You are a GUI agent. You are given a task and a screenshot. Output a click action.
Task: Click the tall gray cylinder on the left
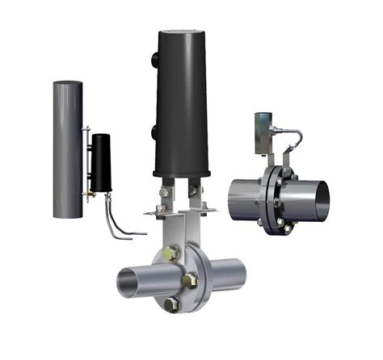pyautogui.click(x=67, y=149)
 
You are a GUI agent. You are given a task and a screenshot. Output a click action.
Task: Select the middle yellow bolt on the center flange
pyautogui.click(x=191, y=279)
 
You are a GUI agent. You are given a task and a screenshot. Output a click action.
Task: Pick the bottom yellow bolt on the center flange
pyautogui.click(x=172, y=304)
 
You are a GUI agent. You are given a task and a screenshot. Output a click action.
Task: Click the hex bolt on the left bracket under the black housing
pyautogui.click(x=164, y=193)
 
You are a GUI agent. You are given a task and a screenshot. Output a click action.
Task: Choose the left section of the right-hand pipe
pyautogui.click(x=243, y=199)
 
